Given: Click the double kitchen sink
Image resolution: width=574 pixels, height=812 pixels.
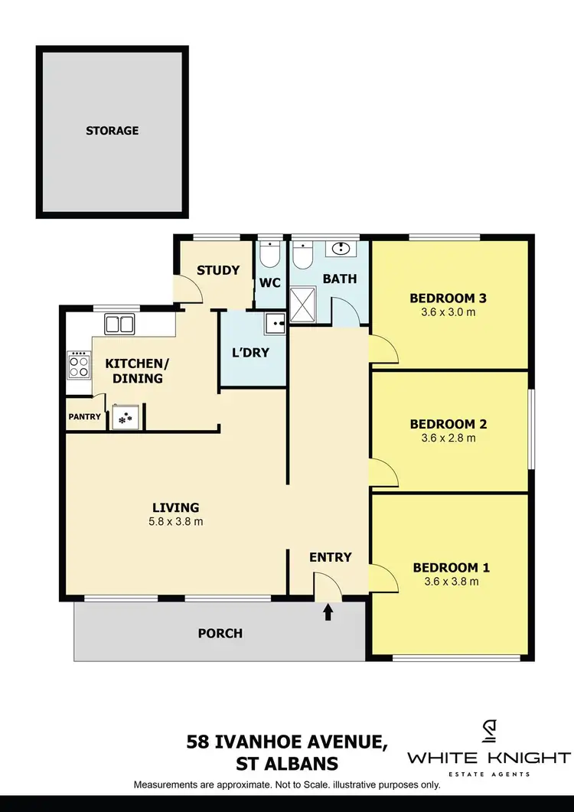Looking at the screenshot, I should (119, 324).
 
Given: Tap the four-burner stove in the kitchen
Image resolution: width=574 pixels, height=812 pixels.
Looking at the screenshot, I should (78, 364).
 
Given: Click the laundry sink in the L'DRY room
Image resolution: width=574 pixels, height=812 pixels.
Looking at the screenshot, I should (274, 324).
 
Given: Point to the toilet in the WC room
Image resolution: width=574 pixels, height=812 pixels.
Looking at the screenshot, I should (269, 254).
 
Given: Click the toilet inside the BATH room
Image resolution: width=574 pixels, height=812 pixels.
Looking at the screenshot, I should (302, 254).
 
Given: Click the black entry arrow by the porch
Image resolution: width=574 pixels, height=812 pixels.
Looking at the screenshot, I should (328, 611).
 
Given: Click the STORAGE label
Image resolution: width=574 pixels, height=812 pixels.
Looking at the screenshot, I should (112, 131).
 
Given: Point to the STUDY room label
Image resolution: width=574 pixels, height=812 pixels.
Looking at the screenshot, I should (218, 270).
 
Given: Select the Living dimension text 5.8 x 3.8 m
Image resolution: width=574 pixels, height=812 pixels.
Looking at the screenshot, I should (176, 522).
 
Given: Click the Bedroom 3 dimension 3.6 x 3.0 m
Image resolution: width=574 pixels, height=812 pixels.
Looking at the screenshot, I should (448, 312).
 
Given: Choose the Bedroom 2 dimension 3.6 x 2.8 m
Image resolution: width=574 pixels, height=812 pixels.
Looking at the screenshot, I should (448, 439).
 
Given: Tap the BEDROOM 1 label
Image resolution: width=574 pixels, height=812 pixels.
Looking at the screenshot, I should (451, 567).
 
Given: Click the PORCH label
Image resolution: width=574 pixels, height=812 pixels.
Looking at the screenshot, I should (220, 633).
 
